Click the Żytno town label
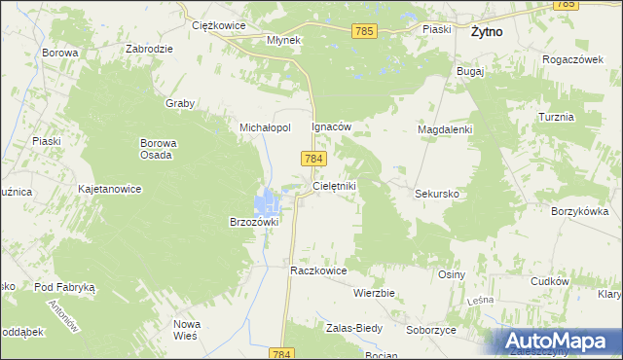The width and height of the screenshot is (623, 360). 486,31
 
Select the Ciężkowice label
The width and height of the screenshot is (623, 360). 216,25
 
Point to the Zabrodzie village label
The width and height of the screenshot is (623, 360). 149,49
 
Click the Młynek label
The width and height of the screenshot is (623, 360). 286,41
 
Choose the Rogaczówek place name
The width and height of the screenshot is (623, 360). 574,58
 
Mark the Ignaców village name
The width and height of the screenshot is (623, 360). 330,126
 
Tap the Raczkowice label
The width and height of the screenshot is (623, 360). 319,270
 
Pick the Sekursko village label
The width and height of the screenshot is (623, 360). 437,194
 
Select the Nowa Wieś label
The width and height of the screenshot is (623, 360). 186,329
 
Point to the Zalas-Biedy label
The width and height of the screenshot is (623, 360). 354,328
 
